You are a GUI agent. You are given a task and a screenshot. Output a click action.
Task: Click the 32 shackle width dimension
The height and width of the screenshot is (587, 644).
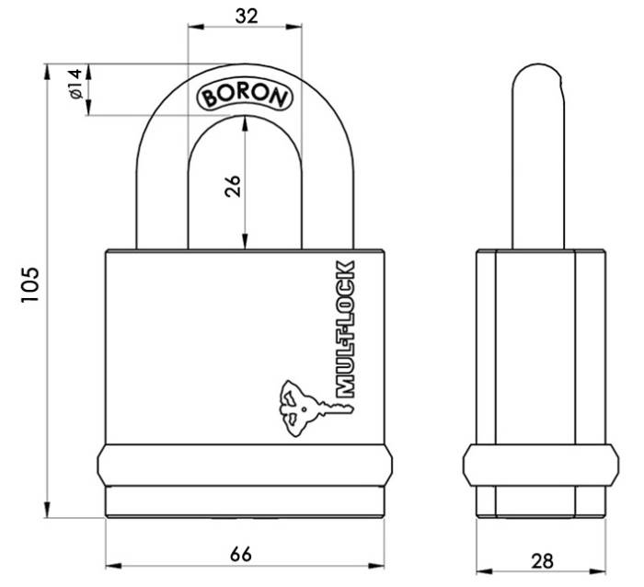(x=245, y=15)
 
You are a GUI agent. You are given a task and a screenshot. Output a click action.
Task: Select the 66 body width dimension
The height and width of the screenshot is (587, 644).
(x=241, y=554)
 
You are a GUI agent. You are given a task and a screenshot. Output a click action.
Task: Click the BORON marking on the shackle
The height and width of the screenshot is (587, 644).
(x=244, y=95)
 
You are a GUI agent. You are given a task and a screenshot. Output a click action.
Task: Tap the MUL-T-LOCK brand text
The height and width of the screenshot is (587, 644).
(x=346, y=329)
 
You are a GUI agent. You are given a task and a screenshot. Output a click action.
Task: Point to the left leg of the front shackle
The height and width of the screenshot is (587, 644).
(x=162, y=184)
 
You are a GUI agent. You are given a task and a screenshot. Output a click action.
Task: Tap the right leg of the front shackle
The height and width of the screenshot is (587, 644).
(x=326, y=184)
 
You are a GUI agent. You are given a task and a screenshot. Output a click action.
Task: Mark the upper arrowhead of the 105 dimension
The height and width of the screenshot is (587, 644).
(x=47, y=70)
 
